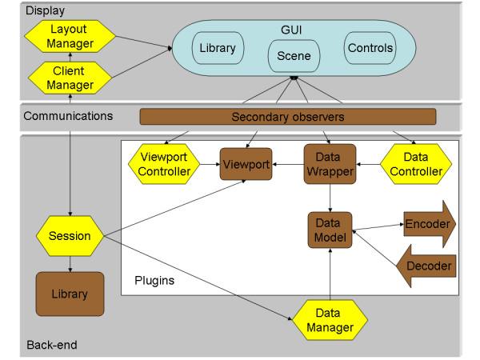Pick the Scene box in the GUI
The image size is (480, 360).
point(288,57)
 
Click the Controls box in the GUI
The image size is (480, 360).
point(370,49)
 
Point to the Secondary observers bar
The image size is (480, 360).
point(288,117)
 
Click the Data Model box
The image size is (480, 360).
point(329,230)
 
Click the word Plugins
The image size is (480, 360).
point(153,282)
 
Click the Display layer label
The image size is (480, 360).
point(22,10)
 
